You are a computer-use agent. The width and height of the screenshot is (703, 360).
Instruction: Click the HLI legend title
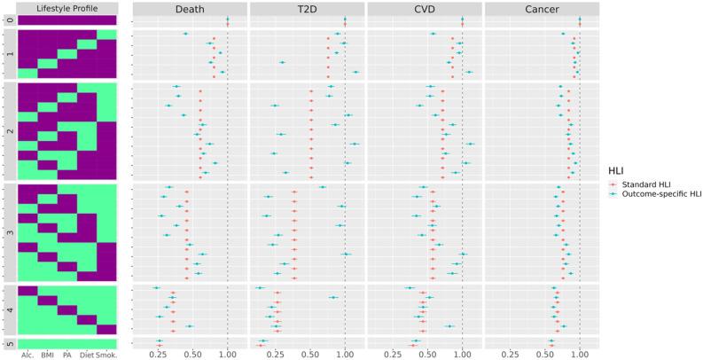tap(618, 169)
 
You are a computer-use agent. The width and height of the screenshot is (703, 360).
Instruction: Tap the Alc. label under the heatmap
tap(28, 355)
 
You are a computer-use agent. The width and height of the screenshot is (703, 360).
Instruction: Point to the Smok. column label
tap(106, 355)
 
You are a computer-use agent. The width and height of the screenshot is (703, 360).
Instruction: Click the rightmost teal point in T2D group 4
tap(333, 298)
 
